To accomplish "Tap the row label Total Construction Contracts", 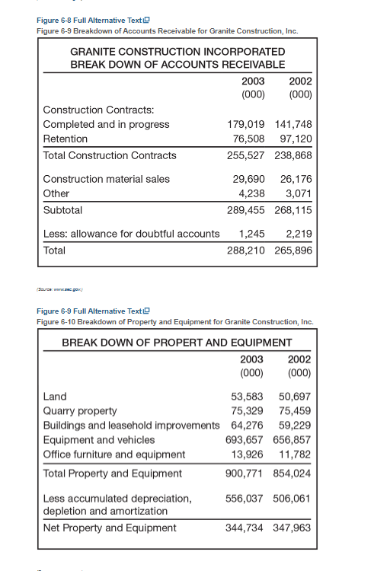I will click(x=110, y=155).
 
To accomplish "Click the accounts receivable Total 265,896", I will click(x=293, y=250).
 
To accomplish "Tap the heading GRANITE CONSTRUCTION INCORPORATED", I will click(x=177, y=52).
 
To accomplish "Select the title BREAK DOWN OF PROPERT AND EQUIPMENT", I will click(x=177, y=343).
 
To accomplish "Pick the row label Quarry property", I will click(x=80, y=411).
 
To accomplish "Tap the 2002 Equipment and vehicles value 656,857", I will click(x=292, y=439).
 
